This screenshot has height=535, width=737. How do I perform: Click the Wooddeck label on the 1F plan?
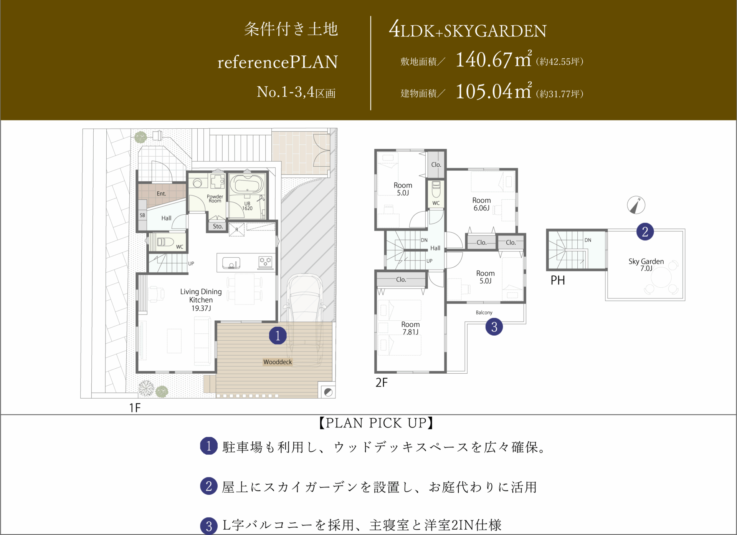(x=278, y=362)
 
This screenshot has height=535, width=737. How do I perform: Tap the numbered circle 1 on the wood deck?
(x=278, y=335)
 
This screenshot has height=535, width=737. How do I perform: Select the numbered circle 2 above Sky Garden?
(x=645, y=232)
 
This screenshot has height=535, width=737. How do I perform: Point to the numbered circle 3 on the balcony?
(x=494, y=326)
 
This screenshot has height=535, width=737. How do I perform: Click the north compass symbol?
(x=636, y=205)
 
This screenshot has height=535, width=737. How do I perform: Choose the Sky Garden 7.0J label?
(x=646, y=265)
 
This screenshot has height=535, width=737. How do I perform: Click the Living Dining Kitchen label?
(x=201, y=300)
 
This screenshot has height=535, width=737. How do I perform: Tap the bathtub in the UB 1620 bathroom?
(x=247, y=184)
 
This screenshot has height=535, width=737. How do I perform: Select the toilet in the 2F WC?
(x=436, y=189)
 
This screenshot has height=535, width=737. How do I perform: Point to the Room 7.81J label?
(x=410, y=328)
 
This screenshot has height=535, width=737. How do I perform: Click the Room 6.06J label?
(x=481, y=204)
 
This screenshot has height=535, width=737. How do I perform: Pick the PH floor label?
(x=558, y=280)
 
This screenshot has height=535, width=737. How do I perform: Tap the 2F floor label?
(x=382, y=383)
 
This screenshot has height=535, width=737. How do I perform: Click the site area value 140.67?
(x=484, y=60)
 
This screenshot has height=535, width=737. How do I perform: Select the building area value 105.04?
(x=484, y=91)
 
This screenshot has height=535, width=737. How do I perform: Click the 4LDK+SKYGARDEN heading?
(x=468, y=30)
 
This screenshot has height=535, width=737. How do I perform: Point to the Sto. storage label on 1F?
(x=218, y=226)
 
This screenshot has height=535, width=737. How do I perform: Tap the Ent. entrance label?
(x=161, y=194)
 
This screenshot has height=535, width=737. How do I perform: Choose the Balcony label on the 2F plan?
(x=484, y=313)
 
